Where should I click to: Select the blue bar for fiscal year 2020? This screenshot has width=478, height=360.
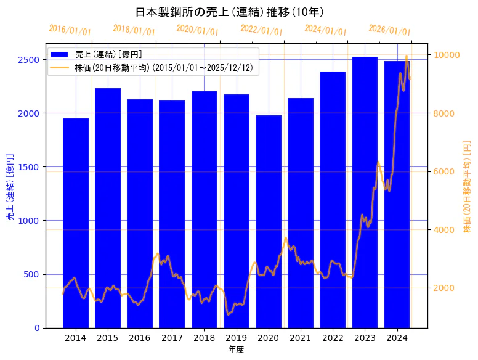(269, 221)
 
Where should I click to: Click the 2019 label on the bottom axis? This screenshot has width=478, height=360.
(237, 338)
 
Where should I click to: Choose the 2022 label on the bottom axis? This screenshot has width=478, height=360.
(333, 338)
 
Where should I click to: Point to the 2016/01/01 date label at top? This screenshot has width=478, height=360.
(70, 30)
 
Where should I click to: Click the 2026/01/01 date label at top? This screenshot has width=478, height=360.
(389, 30)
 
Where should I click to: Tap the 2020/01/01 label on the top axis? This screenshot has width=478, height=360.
(197, 30)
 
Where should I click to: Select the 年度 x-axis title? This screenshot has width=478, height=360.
(236, 350)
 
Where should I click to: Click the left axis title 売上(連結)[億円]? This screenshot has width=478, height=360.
(10, 187)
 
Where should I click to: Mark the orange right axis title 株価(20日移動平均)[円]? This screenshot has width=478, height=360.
(466, 187)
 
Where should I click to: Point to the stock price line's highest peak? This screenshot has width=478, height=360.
(406, 56)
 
